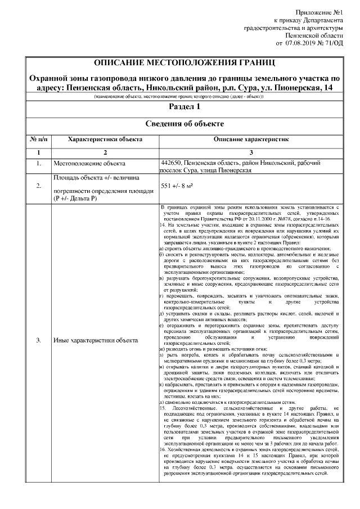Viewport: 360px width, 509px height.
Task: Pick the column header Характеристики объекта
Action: pos(105,138)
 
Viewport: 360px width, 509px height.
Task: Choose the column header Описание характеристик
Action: pos(251,138)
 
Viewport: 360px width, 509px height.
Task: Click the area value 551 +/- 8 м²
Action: pos(177,185)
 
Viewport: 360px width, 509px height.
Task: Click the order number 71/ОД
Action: pos(334,42)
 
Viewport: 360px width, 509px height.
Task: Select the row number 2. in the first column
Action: pos(38,185)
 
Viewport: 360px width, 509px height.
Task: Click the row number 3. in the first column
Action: pos(38,341)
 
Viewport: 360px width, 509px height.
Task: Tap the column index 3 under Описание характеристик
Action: pos(251,152)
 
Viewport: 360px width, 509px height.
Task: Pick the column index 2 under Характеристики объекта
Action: pos(105,152)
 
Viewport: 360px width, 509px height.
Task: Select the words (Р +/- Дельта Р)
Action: pos(75,199)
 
